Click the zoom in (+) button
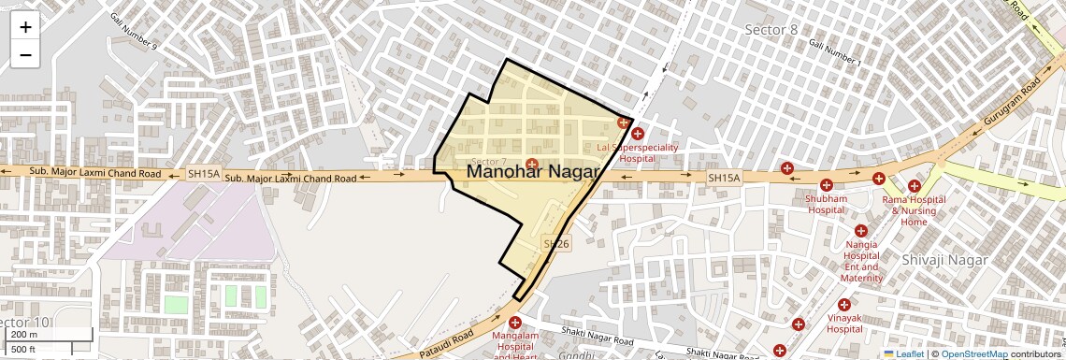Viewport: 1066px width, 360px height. point(25,27)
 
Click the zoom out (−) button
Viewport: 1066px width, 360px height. point(25,55)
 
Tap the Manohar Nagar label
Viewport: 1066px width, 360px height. point(532,171)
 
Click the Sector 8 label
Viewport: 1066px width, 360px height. point(771,30)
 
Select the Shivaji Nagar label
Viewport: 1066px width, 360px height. point(941,259)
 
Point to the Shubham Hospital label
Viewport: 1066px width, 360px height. point(827,204)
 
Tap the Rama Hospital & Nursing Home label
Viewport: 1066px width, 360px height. point(914,210)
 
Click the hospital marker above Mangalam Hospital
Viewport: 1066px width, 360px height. point(514,323)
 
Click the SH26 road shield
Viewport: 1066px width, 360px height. point(555,244)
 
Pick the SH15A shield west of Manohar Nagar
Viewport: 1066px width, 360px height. point(204,174)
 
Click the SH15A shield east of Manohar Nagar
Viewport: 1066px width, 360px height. point(723,178)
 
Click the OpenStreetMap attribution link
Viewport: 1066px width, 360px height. point(973,354)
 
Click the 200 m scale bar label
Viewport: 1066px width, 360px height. point(24,335)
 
